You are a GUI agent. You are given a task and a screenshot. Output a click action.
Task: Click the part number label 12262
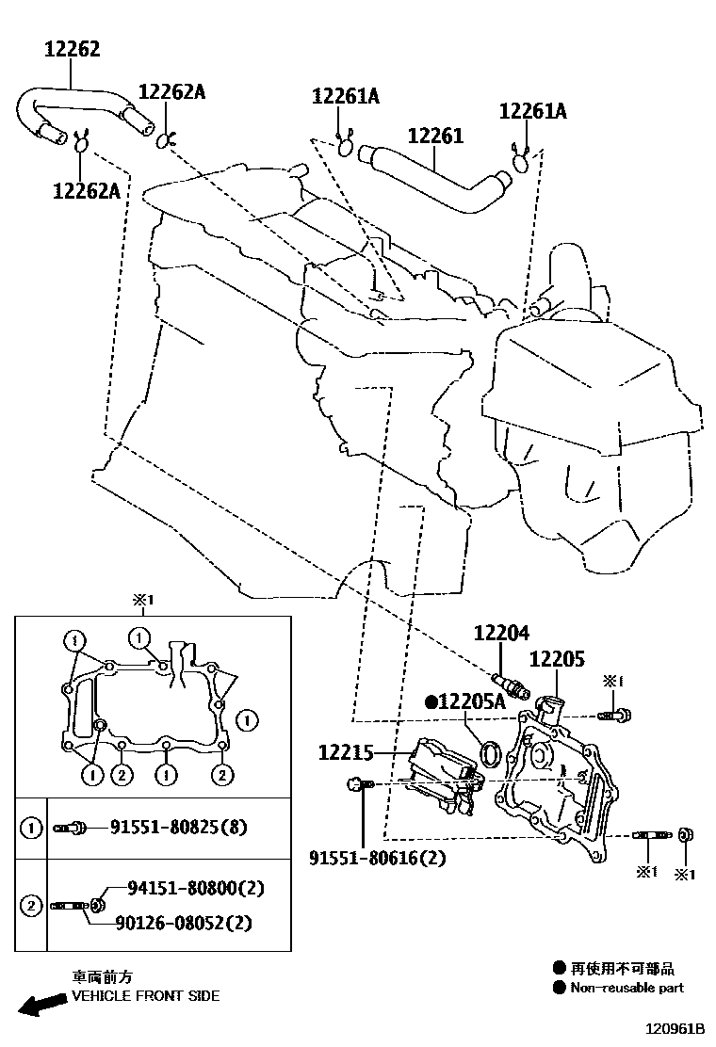coord(72,49)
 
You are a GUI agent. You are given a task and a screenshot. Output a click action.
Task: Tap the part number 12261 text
coord(435,137)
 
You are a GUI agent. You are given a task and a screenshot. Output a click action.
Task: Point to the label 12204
coord(501,634)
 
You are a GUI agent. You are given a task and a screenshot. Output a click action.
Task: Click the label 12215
coord(347,752)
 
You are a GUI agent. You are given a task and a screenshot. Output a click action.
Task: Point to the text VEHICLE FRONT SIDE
coord(145,995)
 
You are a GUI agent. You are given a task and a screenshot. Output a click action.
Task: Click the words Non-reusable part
coord(627,988)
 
